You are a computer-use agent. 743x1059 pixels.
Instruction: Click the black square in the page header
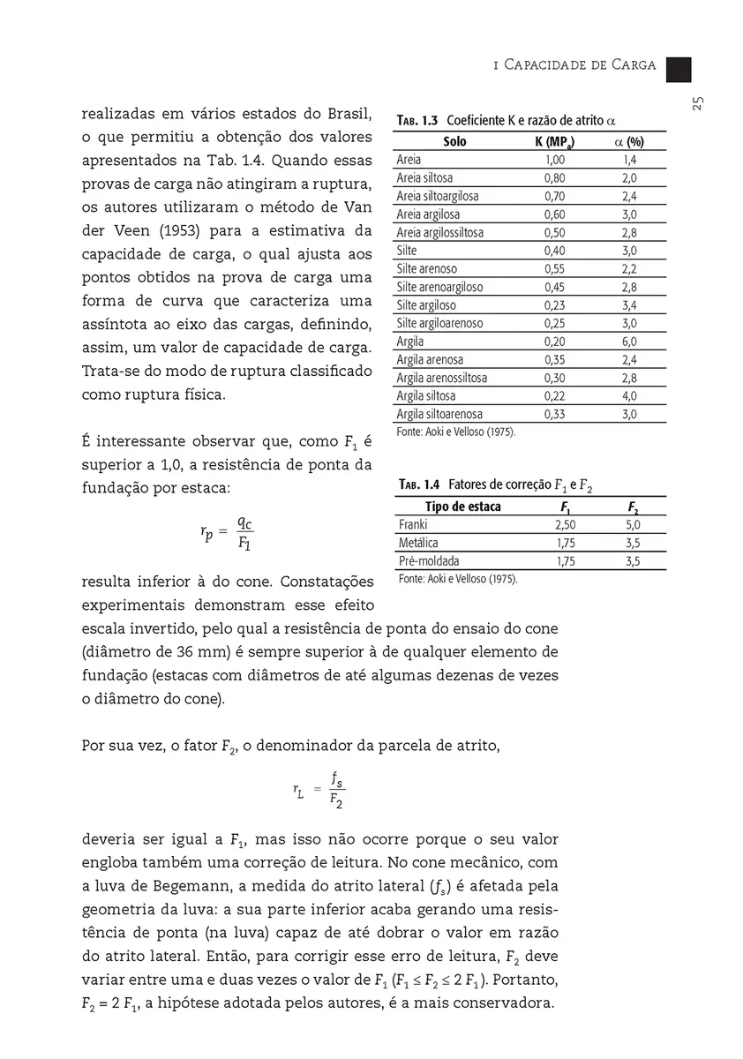point(679,69)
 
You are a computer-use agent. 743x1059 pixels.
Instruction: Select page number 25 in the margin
point(697,103)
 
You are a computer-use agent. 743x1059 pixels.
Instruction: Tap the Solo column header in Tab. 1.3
point(455,142)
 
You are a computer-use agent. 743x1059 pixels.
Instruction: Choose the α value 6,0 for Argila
point(629,342)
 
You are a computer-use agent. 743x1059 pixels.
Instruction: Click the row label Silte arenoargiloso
point(439,287)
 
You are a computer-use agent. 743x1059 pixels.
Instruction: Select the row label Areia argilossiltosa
point(439,233)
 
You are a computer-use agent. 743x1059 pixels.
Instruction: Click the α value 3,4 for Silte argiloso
point(629,305)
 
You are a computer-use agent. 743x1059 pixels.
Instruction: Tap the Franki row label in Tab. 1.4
point(413,525)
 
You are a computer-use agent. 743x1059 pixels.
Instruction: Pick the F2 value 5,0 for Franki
point(633,525)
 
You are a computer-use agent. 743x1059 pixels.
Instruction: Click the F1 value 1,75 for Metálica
point(566,543)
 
